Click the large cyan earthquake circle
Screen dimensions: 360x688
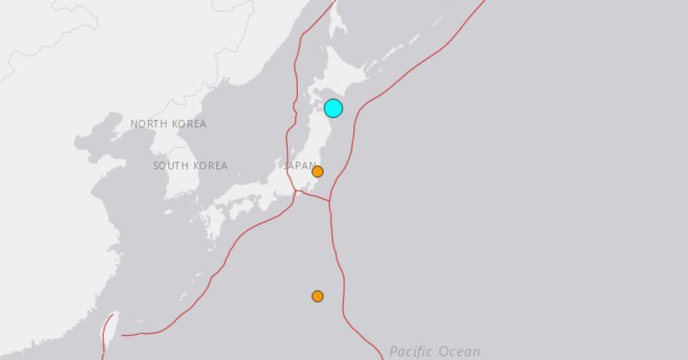(x=333, y=108)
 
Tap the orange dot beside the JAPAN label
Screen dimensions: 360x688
(x=317, y=172)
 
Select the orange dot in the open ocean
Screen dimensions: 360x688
(x=317, y=296)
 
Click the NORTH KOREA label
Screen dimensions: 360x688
(x=168, y=124)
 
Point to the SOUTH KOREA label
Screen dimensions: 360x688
(x=190, y=166)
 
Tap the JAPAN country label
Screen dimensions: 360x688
(x=299, y=166)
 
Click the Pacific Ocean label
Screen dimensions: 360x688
(x=435, y=352)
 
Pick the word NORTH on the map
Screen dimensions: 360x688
(x=148, y=124)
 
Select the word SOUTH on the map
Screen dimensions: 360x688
(x=170, y=166)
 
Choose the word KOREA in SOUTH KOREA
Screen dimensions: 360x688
(x=210, y=166)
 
